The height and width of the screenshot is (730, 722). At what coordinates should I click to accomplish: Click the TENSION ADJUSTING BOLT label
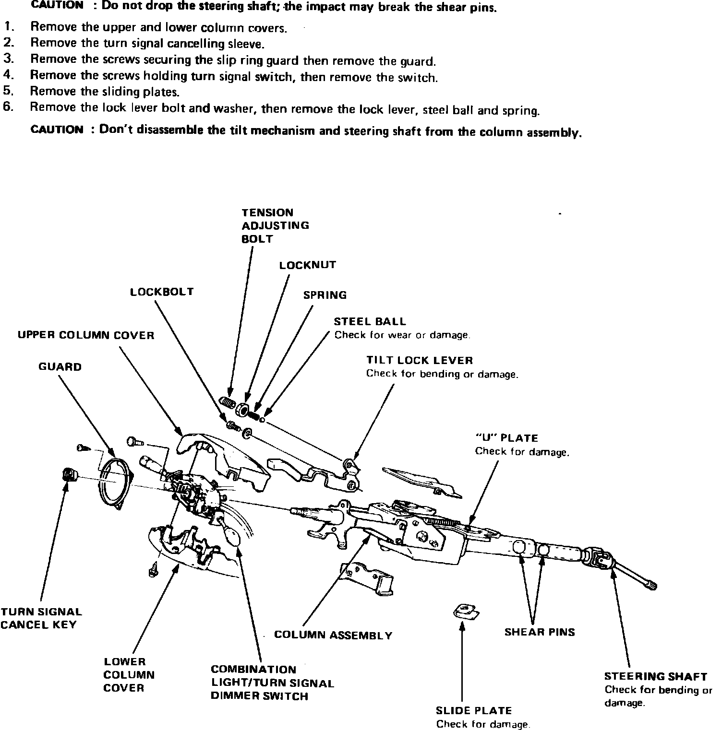(275, 225)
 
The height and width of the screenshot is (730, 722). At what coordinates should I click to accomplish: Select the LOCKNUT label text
(308, 265)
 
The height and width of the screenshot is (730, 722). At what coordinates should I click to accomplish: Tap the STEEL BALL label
(370, 321)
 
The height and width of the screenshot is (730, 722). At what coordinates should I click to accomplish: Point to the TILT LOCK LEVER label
(419, 360)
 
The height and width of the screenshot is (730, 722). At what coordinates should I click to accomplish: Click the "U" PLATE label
(506, 438)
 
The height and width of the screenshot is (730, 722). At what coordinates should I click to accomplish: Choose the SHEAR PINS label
(539, 632)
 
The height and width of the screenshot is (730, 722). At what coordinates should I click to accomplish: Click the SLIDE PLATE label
(473, 710)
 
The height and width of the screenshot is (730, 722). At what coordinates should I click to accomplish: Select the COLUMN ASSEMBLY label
(333, 636)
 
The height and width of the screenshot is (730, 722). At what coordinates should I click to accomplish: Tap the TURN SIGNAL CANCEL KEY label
(41, 618)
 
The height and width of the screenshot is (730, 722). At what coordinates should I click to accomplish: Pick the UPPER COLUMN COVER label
(86, 335)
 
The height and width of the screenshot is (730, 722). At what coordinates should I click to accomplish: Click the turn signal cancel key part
(70, 475)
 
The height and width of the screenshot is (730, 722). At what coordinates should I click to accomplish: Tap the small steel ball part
(262, 419)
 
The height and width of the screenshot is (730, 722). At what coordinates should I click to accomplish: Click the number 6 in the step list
(8, 107)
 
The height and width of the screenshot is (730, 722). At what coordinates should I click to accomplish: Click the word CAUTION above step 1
(57, 5)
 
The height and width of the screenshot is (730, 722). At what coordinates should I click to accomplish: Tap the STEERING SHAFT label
(655, 676)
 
